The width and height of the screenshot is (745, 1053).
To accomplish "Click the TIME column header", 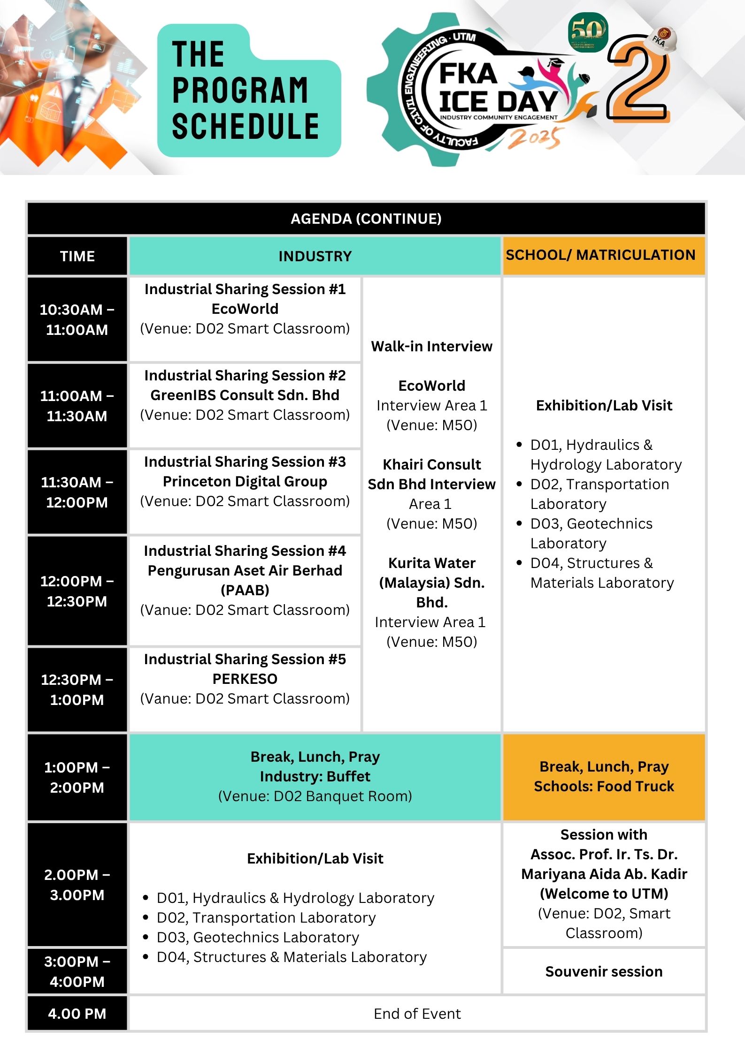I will pos(77,256).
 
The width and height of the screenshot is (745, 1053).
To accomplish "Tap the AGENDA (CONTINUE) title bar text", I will pos(366,219).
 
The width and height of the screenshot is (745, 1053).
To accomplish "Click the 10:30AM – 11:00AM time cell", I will pos(77,319).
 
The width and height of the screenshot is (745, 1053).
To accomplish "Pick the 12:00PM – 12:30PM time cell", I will pos(77,591).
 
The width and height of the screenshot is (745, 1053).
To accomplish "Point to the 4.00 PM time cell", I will pos(77,1014).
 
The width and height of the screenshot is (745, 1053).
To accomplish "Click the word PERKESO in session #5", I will pos(245,679).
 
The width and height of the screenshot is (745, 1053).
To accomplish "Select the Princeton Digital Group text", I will pos(245,482).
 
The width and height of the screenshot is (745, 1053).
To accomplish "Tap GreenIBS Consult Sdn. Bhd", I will pos(245,395).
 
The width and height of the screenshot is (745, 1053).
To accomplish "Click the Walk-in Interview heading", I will pos(432,347).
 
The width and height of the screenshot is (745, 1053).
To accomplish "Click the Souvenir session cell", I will pos(604,971).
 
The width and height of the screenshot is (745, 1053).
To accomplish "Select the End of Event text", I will pos(417,1014).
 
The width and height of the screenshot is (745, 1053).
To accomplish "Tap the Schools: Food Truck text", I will pos(604,786).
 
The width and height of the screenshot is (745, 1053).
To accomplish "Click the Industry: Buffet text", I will pos(315,776).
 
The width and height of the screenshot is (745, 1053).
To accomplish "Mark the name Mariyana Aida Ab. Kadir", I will pos(604,874).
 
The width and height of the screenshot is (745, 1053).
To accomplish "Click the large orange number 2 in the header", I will pos(639,80).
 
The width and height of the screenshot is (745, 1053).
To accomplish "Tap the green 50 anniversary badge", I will pos(588,32).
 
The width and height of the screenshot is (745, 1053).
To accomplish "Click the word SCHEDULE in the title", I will pos(246,127).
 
